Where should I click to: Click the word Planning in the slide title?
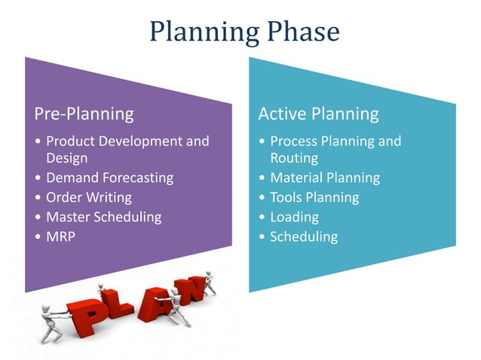tap(198, 32)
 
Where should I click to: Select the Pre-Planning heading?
tap(84, 114)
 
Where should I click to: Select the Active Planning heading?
tap(318, 114)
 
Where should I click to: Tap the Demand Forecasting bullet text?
tap(109, 178)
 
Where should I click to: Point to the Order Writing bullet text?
tap(88, 197)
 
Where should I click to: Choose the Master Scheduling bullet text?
tap(103, 217)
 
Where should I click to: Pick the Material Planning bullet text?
tap(325, 178)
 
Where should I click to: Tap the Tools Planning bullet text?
tap(314, 197)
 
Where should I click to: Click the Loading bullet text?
tap(294, 217)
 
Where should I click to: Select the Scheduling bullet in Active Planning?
tap(304, 236)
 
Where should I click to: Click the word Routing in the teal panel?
tap(294, 158)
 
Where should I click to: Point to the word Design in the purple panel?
tap(67, 158)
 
